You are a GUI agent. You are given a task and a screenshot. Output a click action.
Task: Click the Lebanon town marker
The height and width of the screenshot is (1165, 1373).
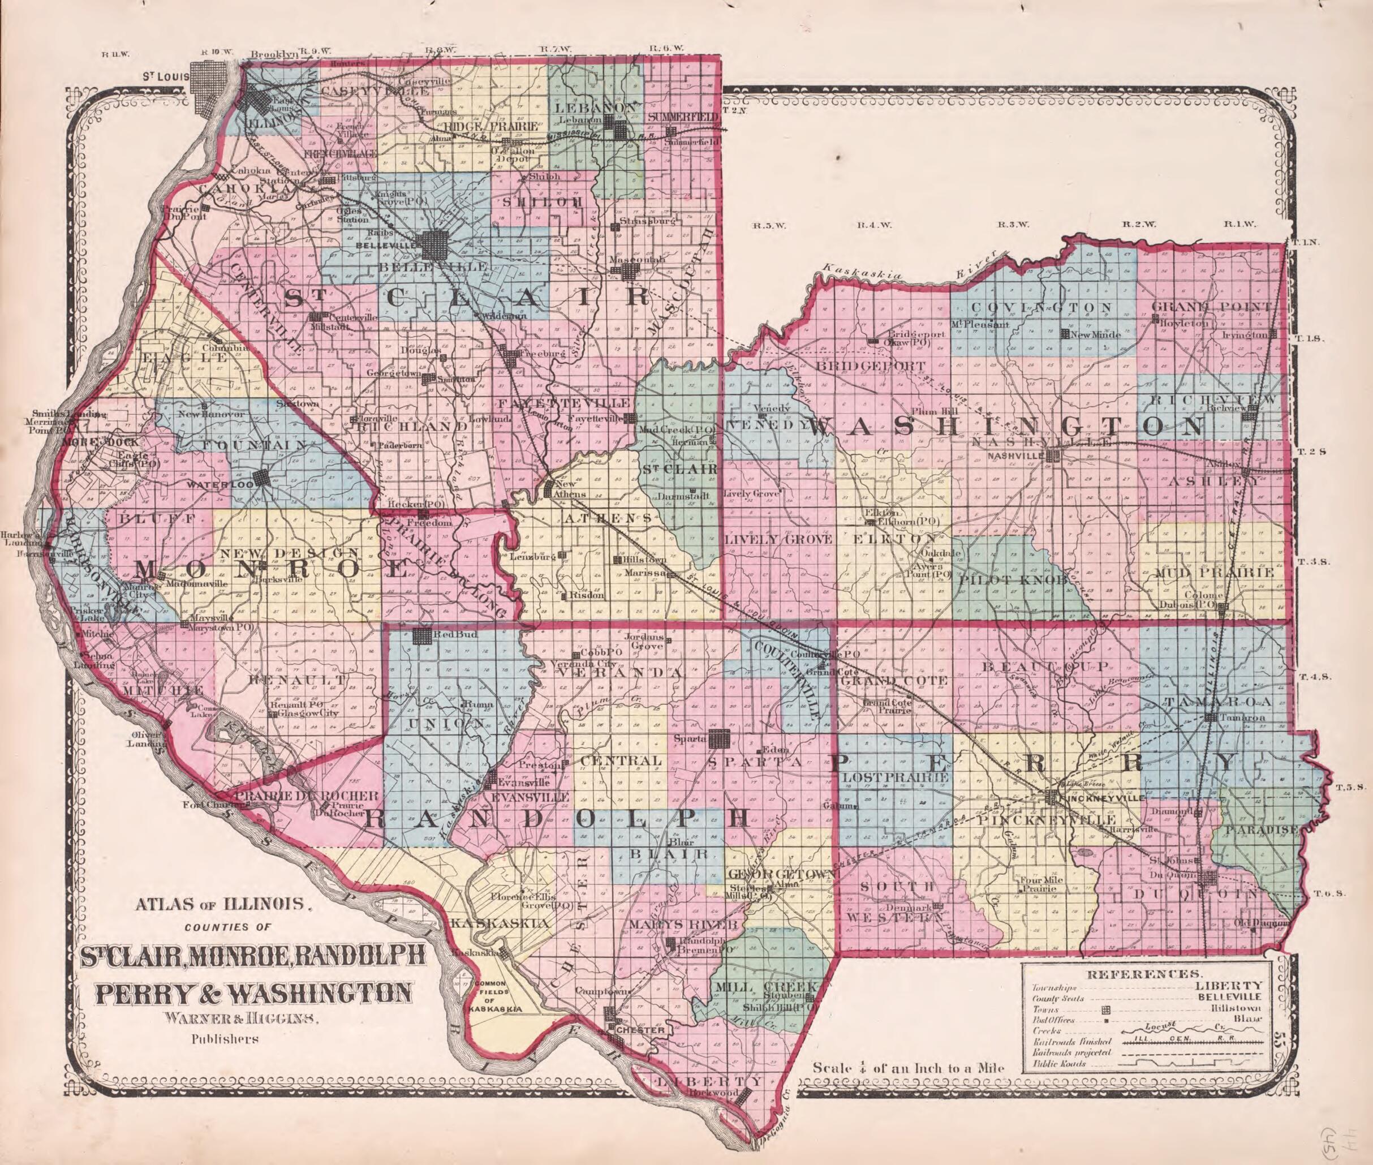tap(620, 130)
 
